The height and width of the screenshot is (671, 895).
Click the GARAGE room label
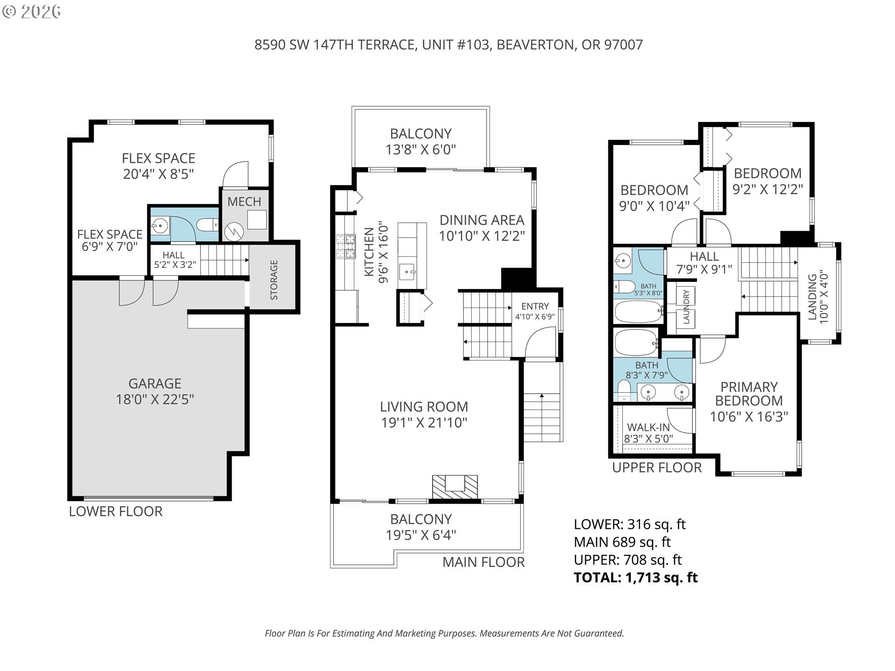155,383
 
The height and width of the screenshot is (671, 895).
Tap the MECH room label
244,202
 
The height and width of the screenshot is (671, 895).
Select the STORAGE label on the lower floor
274,280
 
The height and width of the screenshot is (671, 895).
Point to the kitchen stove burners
345,247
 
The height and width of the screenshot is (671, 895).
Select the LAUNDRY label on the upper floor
686,306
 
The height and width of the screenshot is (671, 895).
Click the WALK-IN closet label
648,427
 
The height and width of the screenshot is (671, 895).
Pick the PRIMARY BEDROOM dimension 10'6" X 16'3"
749,416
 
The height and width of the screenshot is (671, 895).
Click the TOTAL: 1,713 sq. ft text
635,577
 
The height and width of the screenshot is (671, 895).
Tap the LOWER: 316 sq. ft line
629,524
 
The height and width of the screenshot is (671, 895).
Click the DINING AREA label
482,220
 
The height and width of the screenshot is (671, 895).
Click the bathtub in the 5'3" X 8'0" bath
638,312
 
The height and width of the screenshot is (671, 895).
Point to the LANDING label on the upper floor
812,297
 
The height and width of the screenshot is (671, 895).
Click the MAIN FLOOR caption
483,562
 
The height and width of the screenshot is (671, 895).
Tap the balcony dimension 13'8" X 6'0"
420,150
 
